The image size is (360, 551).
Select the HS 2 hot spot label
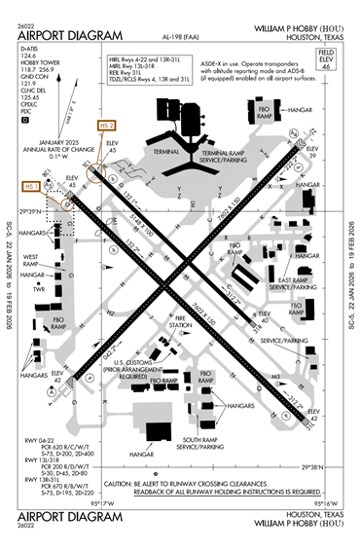tap(107, 126)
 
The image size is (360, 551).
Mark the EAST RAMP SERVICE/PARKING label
tap(294, 284)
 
